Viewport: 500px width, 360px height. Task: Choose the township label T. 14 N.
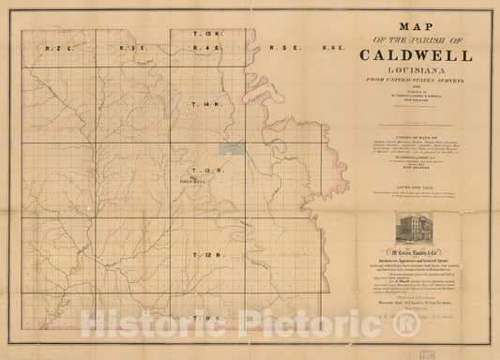tap(200, 104)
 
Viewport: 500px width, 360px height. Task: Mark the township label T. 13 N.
tap(200, 170)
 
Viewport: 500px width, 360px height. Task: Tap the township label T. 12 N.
tap(200, 255)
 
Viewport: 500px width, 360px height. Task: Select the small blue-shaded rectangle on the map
tap(228, 147)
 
